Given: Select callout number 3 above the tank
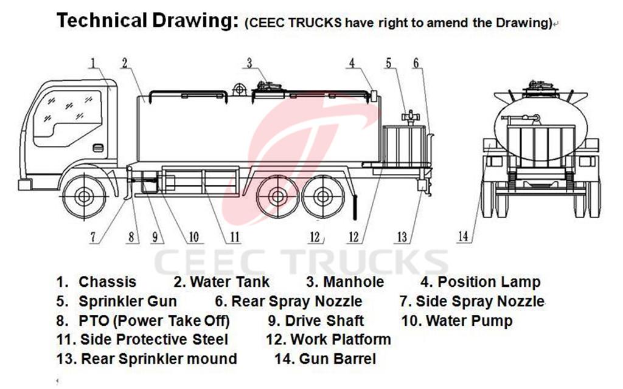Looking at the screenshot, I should point(249,62).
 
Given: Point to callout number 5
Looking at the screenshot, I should point(388,62).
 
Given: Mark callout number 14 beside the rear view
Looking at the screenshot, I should point(464,236).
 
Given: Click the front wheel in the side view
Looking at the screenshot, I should point(84,196).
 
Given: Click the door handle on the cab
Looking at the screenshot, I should point(98,148).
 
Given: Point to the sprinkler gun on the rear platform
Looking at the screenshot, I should point(412,116).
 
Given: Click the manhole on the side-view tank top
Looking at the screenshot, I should point(267,88).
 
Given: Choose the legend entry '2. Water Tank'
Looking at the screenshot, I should point(221,282).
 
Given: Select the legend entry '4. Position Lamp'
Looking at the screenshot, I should point(480,282).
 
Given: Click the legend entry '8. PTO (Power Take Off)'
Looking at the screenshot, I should point(143,320).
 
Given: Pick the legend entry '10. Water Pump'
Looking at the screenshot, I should point(457,320).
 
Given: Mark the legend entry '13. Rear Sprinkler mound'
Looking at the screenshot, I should point(147,359).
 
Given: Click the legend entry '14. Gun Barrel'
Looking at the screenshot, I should point(325,359).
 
